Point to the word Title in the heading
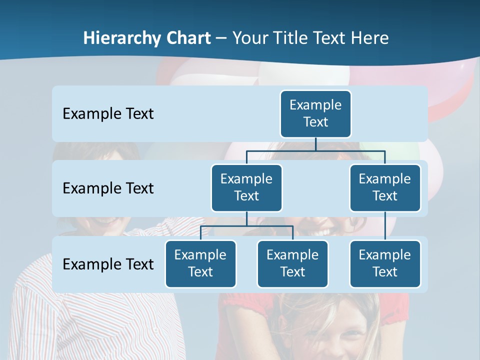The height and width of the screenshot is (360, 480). tap(292, 38)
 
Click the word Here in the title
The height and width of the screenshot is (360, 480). tap(369, 38)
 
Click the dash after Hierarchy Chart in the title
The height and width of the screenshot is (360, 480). tap(221, 38)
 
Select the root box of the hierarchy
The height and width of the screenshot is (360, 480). tap(315, 113)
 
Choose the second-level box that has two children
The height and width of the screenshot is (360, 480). tap(246, 187)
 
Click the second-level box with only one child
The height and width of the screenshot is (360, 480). tap(385, 187)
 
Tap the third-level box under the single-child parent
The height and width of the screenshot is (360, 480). tap(385, 263)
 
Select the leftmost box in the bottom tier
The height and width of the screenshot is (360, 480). tap(200, 263)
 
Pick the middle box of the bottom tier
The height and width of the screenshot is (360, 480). tap(292, 263)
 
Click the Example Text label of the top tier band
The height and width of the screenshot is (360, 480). tap(108, 113)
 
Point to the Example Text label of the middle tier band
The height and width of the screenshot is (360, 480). tap(108, 188)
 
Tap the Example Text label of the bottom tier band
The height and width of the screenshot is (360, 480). tap(108, 264)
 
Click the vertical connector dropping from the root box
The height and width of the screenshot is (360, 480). tap(315, 144)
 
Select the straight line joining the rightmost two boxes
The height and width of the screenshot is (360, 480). tap(385, 226)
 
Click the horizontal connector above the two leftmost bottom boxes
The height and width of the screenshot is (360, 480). tap(246, 226)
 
